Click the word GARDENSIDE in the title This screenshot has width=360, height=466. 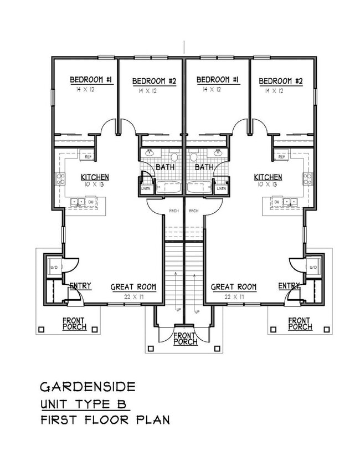click(x=88, y=386)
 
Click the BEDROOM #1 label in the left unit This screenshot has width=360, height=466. click(x=91, y=80)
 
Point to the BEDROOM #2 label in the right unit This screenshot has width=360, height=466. click(x=281, y=81)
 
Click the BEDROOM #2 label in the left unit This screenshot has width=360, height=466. click(x=154, y=81)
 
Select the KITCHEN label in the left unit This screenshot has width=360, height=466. click(x=95, y=177)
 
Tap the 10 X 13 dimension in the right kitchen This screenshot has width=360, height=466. click(x=268, y=185)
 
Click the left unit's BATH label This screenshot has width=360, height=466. click(x=165, y=167)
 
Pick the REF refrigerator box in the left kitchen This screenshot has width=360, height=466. click(x=88, y=157)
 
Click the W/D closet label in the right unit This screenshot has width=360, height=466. click(x=313, y=268)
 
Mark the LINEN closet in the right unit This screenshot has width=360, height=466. click(x=221, y=188)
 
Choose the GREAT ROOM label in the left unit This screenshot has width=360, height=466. click(x=133, y=287)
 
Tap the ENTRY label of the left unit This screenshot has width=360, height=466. click(x=80, y=286)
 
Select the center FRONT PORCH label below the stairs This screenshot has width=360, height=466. click(x=186, y=338)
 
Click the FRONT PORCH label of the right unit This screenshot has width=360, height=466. click(x=300, y=324)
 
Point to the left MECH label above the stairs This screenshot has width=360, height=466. click(x=173, y=211)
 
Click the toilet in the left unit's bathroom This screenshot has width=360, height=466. click(x=173, y=157)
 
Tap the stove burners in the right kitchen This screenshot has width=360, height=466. click(x=307, y=179)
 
